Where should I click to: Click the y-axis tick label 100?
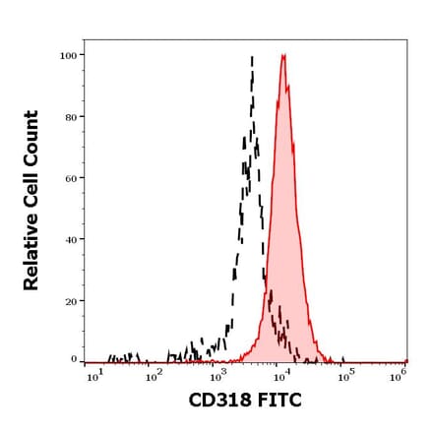point(68,55)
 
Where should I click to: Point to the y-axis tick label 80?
point(70,117)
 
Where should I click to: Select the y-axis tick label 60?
point(70,178)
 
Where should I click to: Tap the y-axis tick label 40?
point(70,239)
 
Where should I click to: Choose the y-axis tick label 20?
point(70,300)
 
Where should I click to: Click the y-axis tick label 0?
point(73,360)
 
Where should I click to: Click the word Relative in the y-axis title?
point(31,251)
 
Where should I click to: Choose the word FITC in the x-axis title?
point(279,401)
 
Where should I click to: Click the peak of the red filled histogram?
point(283,56)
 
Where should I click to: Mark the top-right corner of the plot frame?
point(406,40)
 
